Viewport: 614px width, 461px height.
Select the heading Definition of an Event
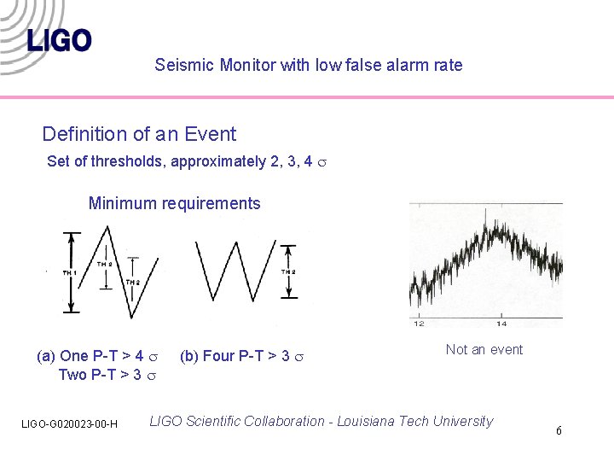tap(139, 134)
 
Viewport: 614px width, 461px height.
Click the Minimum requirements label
tap(174, 203)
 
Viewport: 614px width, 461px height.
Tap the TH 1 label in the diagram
tap(69, 272)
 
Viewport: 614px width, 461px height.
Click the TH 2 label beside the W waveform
tap(288, 271)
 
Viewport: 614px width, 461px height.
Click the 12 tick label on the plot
tap(419, 324)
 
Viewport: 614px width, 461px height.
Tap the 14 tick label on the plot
tap(501, 324)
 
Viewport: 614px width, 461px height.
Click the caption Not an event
tap(484, 349)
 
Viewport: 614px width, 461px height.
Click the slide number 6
tap(559, 430)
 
